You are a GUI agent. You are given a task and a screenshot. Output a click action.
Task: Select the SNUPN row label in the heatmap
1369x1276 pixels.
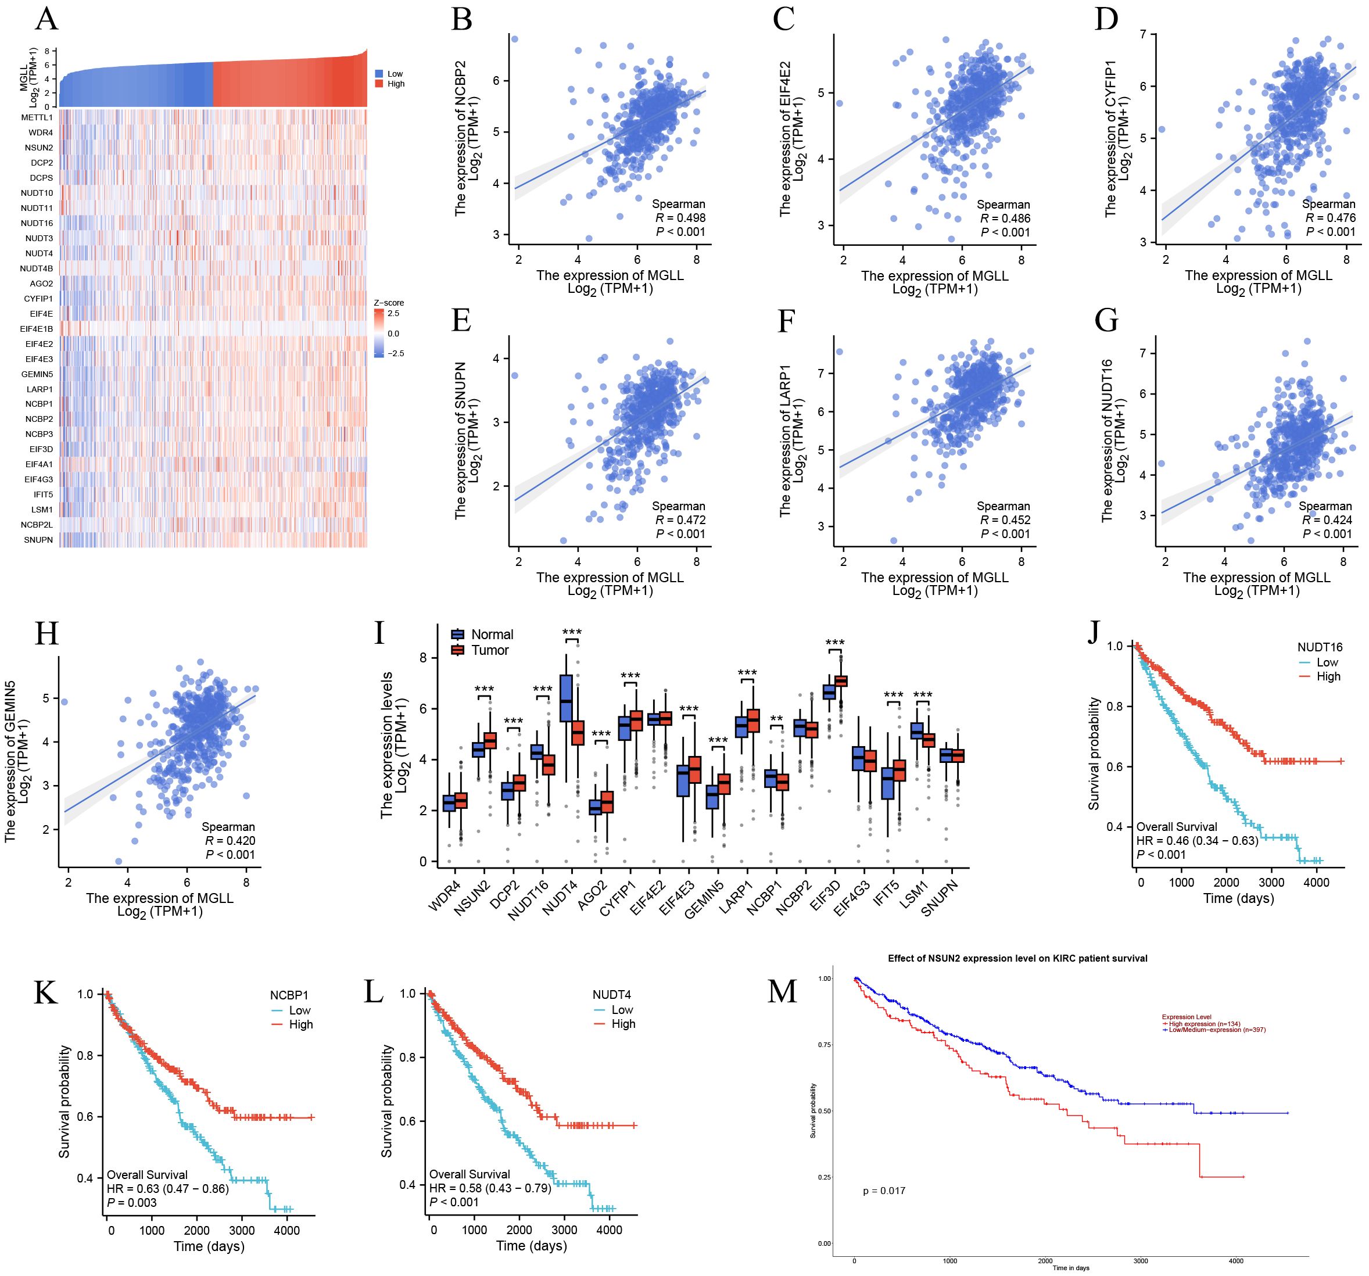pyautogui.click(x=38, y=540)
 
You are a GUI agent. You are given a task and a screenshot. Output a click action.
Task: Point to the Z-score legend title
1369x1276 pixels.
pyautogui.click(x=389, y=303)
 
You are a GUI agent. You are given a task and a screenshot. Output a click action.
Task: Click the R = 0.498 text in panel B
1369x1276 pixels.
pyautogui.click(x=680, y=217)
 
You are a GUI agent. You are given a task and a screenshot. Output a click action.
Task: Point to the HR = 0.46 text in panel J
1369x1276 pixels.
pyautogui.click(x=1197, y=841)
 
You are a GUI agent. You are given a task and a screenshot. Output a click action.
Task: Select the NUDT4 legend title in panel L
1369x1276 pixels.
pyautogui.click(x=611, y=995)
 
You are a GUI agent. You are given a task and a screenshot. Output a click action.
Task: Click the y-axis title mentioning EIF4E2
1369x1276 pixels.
pyautogui.click(x=791, y=139)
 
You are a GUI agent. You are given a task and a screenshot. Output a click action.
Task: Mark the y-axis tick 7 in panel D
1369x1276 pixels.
pyautogui.click(x=1143, y=34)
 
